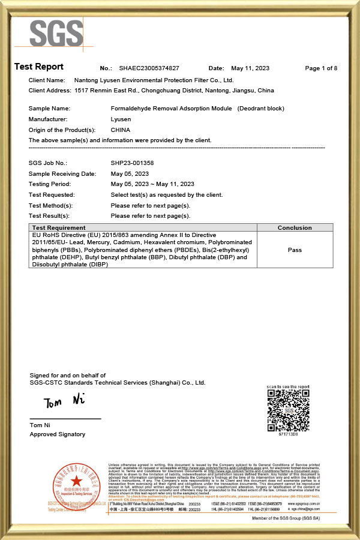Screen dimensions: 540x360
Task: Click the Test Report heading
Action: click(39, 67)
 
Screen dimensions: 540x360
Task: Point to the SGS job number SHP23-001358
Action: click(132, 163)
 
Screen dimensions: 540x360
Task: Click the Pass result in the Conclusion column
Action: click(295, 250)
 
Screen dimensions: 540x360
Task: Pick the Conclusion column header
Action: click(295, 228)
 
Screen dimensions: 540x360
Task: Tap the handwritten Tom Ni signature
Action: click(62, 401)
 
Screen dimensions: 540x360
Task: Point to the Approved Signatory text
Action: click(58, 434)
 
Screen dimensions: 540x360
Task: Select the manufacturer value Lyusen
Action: click(121, 119)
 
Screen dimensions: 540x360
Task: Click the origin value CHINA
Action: click(121, 130)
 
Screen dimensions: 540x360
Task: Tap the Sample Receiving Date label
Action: click(62, 173)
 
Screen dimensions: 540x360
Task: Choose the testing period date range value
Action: click(152, 184)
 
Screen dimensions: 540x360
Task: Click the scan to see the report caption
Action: click(289, 387)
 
